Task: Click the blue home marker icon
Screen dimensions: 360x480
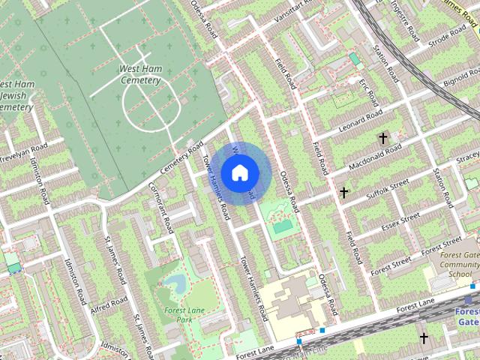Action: point(238,173)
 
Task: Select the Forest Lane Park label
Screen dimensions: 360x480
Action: point(174,314)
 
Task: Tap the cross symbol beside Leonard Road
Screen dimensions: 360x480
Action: point(383,139)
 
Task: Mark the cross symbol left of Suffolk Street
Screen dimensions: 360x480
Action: point(343,193)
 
